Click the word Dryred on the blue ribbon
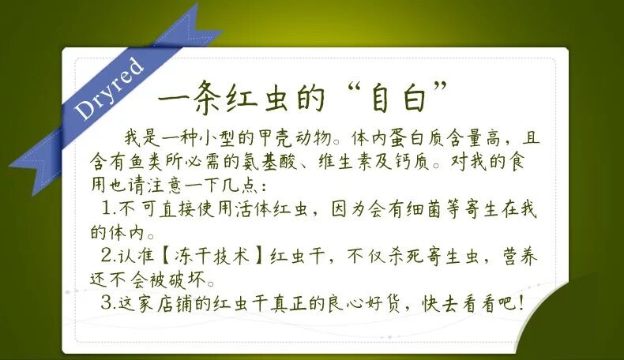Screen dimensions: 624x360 click(109, 88)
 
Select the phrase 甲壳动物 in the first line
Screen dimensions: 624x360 click(295, 137)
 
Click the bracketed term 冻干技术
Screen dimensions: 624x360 click(213, 255)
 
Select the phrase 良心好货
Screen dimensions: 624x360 click(363, 303)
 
